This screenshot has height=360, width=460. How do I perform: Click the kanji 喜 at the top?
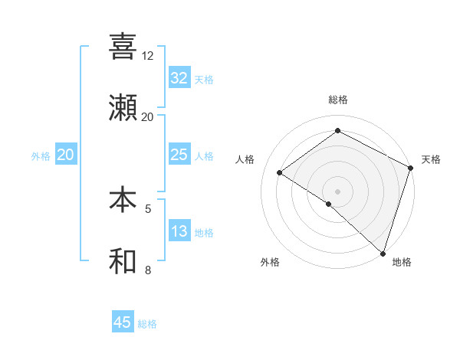(x=123, y=47)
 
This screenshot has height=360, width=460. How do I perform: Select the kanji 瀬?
(x=123, y=108)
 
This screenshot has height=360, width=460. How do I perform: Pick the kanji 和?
(x=123, y=261)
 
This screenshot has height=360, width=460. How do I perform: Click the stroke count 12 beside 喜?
(x=148, y=56)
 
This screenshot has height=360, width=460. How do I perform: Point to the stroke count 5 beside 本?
(x=148, y=208)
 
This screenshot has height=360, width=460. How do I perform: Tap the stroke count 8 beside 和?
(x=148, y=270)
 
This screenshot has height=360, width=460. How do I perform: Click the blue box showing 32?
(x=179, y=77)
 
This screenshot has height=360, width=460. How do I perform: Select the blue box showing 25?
(x=179, y=155)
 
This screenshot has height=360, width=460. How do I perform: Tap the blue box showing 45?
(x=123, y=322)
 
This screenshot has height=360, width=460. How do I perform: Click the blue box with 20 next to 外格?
(x=66, y=155)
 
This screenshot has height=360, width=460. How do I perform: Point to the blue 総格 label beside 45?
(x=147, y=324)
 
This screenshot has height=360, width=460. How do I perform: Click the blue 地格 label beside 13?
(x=204, y=233)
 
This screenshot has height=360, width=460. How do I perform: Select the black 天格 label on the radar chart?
(x=431, y=159)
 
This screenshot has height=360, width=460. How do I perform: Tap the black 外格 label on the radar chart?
(x=270, y=262)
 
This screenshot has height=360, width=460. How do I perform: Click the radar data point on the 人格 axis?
(x=280, y=173)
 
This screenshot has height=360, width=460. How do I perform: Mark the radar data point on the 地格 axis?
(x=383, y=252)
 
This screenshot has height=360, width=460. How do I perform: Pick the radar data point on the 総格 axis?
(x=337, y=131)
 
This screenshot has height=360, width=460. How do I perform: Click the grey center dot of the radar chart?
(x=337, y=191)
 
